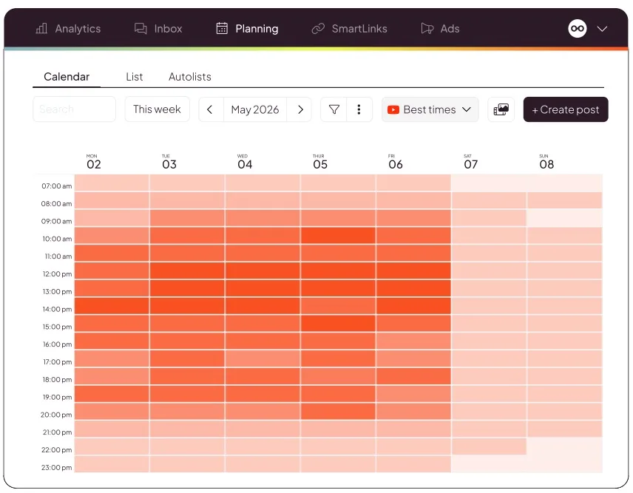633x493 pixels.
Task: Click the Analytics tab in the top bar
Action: (x=68, y=29)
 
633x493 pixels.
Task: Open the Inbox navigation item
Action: (x=158, y=29)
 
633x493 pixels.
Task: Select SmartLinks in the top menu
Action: (x=350, y=29)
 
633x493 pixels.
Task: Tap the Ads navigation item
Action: (x=440, y=29)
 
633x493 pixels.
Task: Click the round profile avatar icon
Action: (x=578, y=29)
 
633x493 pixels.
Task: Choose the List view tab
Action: (x=135, y=77)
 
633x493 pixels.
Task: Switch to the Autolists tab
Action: (x=190, y=77)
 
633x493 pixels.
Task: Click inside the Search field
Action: (x=74, y=109)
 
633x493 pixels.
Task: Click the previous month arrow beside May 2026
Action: (x=210, y=109)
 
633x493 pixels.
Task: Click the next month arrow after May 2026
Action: (x=300, y=109)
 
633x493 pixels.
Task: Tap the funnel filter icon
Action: (x=334, y=109)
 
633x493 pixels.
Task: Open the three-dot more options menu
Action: (x=359, y=109)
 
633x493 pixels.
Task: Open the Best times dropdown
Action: (x=430, y=109)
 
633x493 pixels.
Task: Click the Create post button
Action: (x=566, y=109)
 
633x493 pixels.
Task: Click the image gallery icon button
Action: (x=501, y=109)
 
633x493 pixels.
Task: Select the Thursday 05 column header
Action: (x=319, y=162)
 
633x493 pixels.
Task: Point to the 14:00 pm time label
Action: (x=57, y=309)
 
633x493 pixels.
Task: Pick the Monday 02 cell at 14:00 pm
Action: (x=112, y=306)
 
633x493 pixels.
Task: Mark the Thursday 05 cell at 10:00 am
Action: (x=338, y=235)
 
